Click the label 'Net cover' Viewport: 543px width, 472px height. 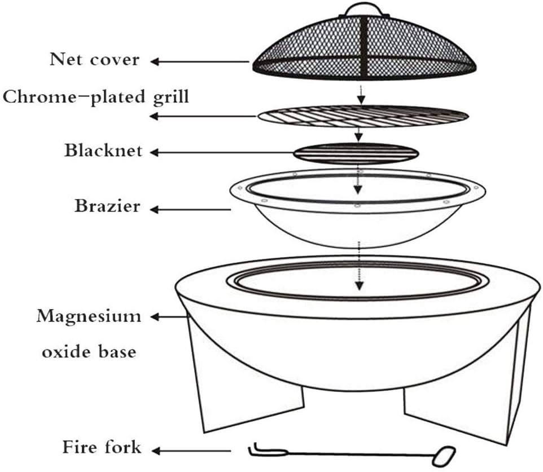94,59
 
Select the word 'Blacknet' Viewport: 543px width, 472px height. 103,151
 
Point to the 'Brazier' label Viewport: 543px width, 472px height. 107,206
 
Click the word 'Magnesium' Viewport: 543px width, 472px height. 89,316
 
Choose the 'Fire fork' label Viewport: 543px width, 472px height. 101,448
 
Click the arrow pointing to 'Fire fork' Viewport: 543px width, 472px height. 192,451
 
